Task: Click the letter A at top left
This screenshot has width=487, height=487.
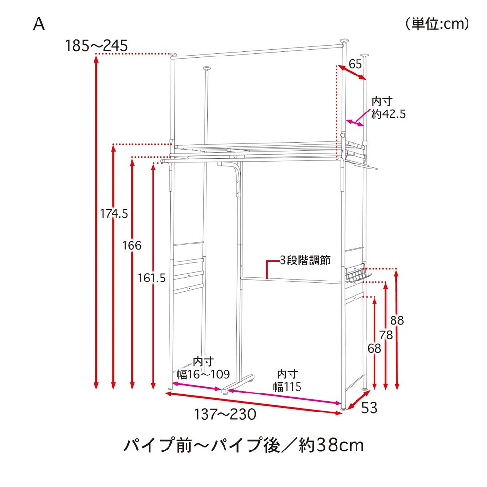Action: pos(39,23)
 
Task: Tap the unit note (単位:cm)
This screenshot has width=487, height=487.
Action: pos(437,24)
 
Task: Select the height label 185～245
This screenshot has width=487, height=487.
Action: pos(96,46)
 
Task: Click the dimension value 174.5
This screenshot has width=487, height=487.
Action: pos(113,214)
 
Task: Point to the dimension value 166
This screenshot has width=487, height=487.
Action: pos(131,245)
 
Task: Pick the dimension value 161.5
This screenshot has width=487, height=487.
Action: pos(151,278)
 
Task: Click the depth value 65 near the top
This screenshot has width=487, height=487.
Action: pos(356,64)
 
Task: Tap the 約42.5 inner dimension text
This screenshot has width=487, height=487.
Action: pos(388,114)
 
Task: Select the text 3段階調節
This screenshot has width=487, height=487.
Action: pos(305,260)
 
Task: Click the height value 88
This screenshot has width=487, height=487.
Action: pos(397,320)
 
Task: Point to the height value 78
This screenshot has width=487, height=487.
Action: pos(386,335)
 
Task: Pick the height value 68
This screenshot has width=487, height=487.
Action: pos(374,348)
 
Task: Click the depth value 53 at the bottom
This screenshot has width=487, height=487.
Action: pos(369,408)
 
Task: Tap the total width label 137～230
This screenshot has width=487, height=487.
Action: pos(225,414)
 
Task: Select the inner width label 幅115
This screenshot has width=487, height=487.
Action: pos(287,387)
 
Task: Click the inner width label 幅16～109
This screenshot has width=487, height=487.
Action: pos(203,374)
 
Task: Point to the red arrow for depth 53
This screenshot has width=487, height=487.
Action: pos(359,400)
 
